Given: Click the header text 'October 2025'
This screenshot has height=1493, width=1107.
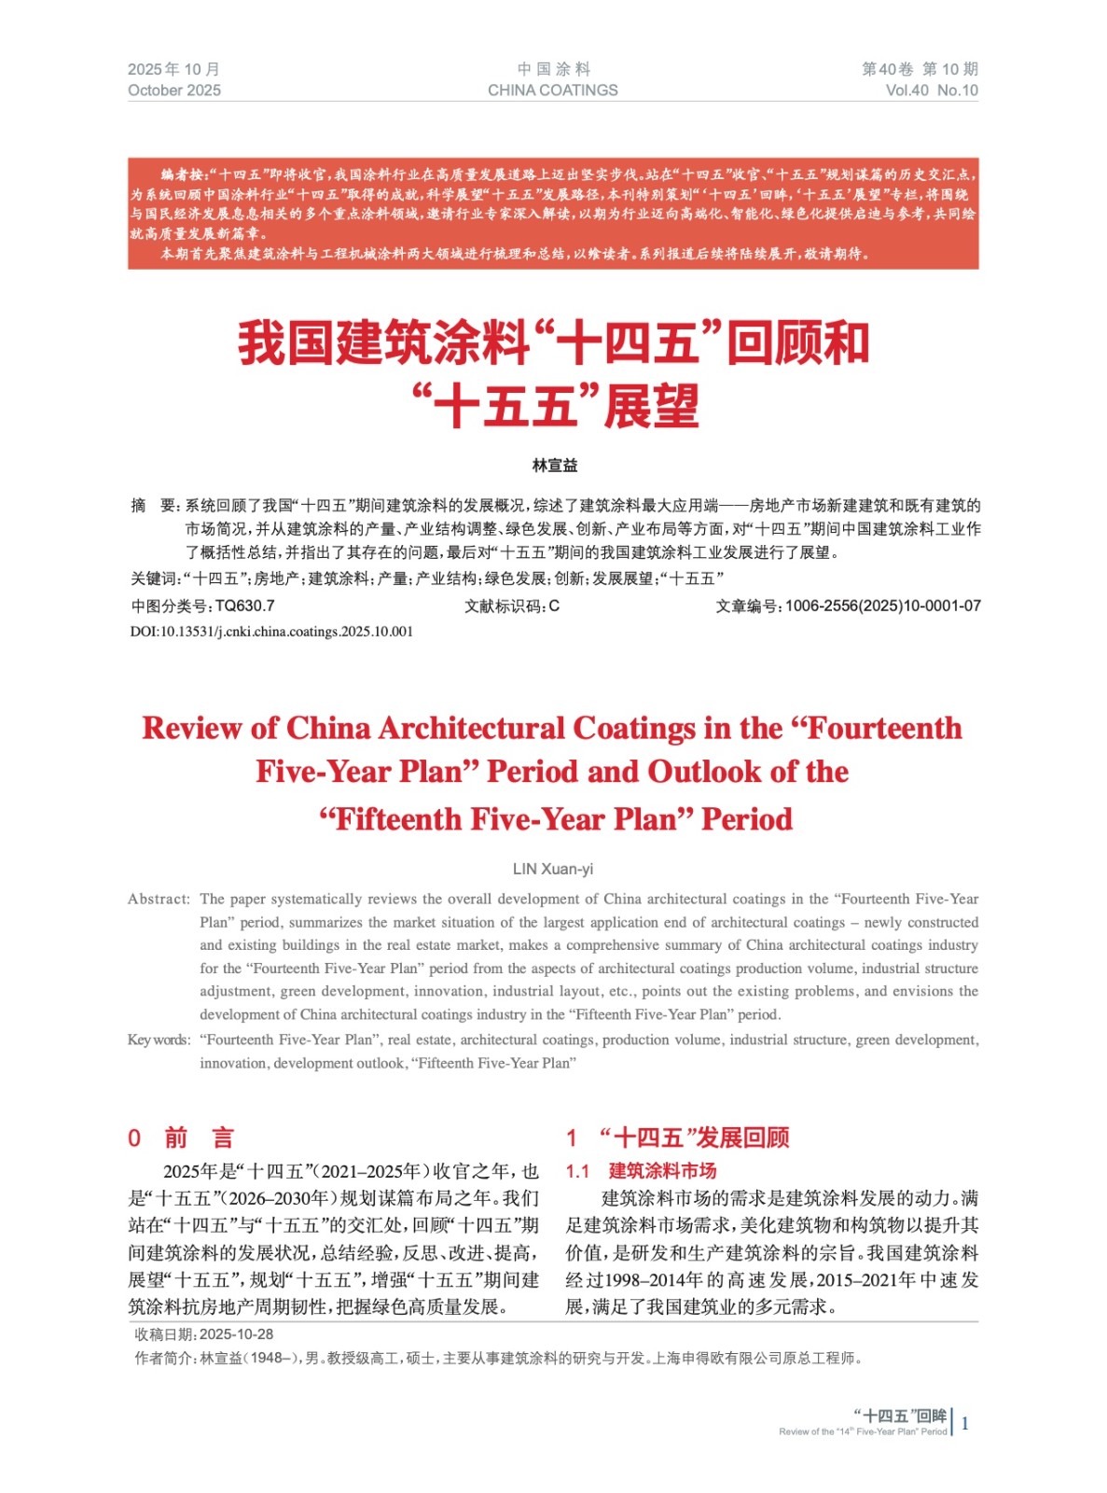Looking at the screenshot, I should point(174,91).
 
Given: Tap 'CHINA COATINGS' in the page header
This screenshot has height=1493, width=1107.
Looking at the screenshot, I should point(552,91).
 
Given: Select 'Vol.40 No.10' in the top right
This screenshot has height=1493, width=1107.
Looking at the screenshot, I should point(931,91).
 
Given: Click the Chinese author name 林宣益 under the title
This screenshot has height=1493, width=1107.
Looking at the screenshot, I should point(554,465).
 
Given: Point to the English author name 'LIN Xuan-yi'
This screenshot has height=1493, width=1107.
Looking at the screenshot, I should point(552,869).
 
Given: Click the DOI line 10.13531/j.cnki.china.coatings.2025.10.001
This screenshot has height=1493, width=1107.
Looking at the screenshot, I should point(271,632).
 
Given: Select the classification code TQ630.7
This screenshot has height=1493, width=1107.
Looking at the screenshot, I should point(244,606).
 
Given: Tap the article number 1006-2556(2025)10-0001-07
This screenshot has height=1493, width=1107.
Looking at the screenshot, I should point(882,606).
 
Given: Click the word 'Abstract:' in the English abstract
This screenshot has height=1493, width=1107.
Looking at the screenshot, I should point(159,899).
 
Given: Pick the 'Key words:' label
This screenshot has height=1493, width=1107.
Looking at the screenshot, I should point(159,1040).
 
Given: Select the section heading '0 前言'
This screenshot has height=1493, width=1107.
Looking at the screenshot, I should point(181,1137).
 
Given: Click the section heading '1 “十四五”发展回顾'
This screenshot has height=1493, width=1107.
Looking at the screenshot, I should point(678,1137).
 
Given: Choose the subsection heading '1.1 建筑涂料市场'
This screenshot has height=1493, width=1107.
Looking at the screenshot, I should point(642,1170).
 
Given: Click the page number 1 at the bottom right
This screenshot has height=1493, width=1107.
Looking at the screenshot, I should point(964,1423).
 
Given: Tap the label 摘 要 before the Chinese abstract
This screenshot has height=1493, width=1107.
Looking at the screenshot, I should point(154,506).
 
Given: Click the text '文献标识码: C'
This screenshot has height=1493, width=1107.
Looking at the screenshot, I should point(511,606).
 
